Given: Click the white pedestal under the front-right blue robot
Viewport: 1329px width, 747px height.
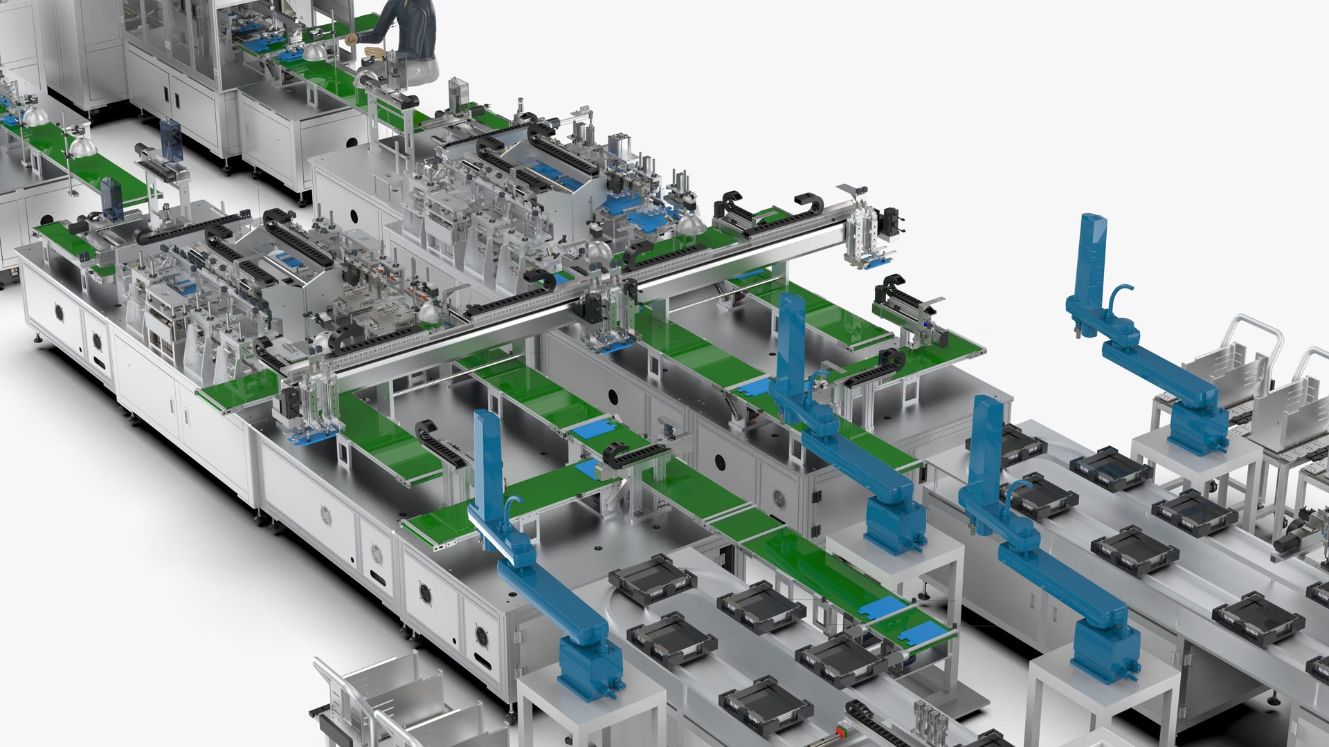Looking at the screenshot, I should click(1101, 699).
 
